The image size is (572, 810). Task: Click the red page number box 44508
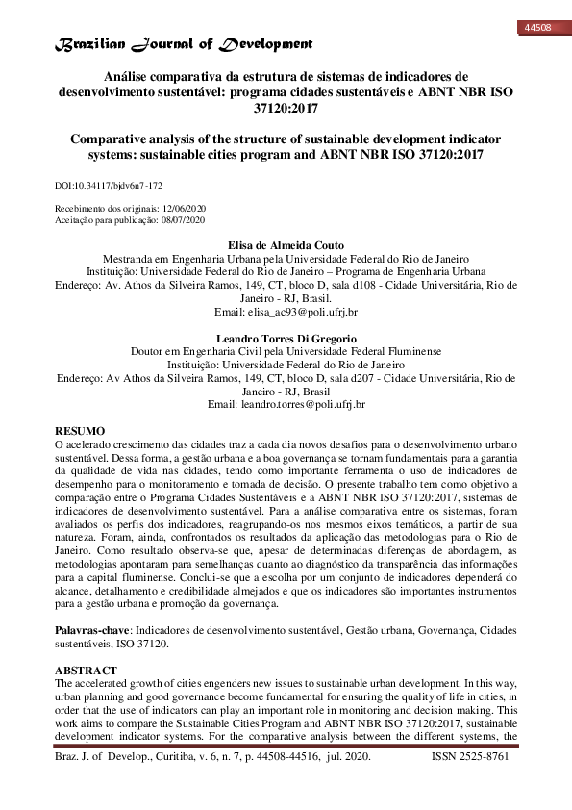click(536, 28)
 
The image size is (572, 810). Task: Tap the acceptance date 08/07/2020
click(185, 219)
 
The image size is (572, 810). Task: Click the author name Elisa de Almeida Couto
click(286, 245)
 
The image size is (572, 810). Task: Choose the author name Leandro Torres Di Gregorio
click(286, 339)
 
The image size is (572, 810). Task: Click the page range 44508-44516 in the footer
click(320, 758)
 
